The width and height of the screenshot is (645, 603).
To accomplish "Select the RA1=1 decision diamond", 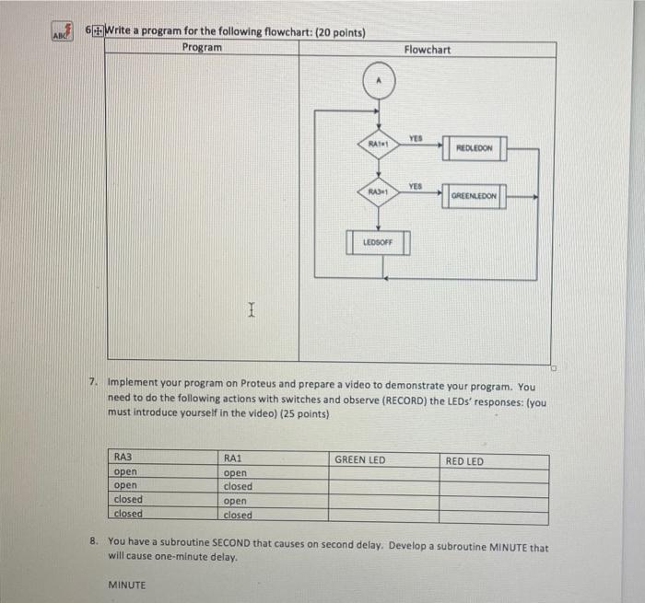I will [377, 144].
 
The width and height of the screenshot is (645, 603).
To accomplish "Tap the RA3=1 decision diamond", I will [377, 191].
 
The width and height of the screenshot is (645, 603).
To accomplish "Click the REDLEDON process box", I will [474, 147].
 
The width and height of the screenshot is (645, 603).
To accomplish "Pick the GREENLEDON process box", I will [474, 195].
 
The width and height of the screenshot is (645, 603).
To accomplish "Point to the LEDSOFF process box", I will [377, 242].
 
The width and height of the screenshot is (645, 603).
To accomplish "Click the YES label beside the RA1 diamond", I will [416, 138].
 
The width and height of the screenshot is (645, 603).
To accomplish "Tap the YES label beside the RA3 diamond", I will [416, 185].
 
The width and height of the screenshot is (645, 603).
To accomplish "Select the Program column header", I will [202, 48].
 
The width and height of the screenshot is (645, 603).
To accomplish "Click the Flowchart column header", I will [427, 49].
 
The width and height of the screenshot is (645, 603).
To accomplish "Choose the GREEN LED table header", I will [359, 460].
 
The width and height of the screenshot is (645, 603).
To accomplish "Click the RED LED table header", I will [464, 460].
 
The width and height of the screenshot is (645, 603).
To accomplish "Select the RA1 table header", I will [232, 457].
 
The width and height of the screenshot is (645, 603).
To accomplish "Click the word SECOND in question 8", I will [255, 547].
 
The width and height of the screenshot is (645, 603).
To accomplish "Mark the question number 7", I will [93, 380].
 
